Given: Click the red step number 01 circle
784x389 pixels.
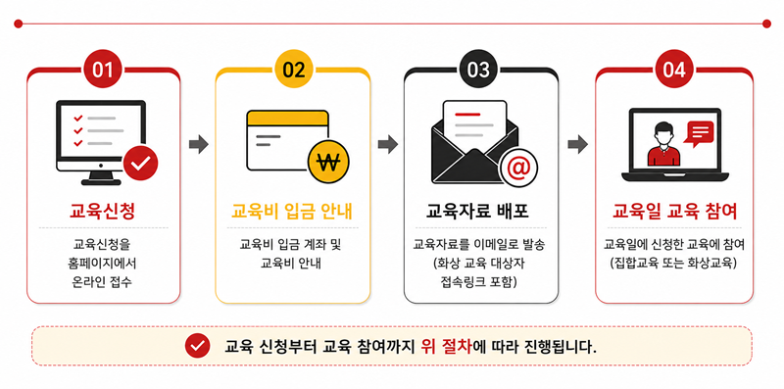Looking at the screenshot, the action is coord(104,70).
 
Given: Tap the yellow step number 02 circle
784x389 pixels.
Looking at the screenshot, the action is coord(293,70).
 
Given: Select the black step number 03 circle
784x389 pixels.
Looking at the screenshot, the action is coord(478,70).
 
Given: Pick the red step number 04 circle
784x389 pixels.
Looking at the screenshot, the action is coord(673,70).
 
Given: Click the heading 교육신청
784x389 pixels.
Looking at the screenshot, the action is coord(103,212).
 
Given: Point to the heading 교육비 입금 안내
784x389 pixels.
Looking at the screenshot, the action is coord(292,212).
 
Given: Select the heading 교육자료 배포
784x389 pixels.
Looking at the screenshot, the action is coord(477,212).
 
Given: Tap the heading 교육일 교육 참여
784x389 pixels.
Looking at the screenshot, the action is coord(674,212).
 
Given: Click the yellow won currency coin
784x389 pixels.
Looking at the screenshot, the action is coord(329,163).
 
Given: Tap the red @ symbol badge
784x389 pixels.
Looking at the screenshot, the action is coord(518,168).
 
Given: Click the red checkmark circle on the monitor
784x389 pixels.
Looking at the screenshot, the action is coord(140,163).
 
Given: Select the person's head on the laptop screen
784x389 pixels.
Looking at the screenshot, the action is coord(663,133).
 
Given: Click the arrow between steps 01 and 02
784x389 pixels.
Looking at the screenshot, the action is coord(199,144).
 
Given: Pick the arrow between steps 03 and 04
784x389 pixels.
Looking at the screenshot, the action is coord(577,144).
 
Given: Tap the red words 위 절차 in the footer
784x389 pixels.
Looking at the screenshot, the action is coord(447,346).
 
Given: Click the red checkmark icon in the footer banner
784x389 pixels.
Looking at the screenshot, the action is coord(198,346).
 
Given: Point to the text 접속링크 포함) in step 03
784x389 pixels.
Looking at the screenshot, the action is coord(479,282).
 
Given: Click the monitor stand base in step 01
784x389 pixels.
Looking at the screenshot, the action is coord(101,182).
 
